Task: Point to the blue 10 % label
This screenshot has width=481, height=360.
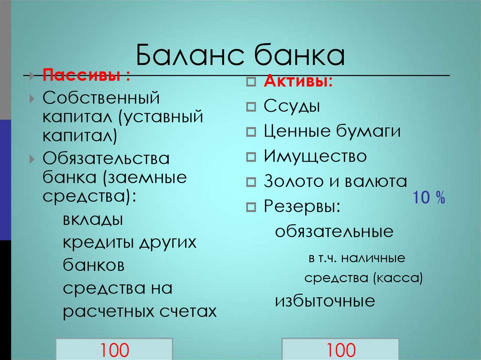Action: pyautogui.click(x=429, y=198)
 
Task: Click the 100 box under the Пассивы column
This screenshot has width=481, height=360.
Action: pyautogui.click(x=114, y=349)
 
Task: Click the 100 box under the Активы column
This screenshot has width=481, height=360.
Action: pyautogui.click(x=341, y=349)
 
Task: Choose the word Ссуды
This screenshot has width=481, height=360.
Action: pyautogui.click(x=292, y=107)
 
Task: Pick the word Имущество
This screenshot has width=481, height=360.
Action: pyautogui.click(x=315, y=156)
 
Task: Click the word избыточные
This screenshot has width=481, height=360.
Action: pyautogui.click(x=325, y=301)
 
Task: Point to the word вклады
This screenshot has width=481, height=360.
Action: pyautogui.click(x=93, y=219)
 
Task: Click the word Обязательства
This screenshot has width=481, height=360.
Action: pyautogui.click(x=106, y=159)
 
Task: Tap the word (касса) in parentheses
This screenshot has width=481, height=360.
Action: pyautogui.click(x=398, y=278)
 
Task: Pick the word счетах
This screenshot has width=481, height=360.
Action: pyautogui.click(x=192, y=311)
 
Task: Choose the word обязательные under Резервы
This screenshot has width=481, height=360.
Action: pyautogui.click(x=334, y=231)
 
